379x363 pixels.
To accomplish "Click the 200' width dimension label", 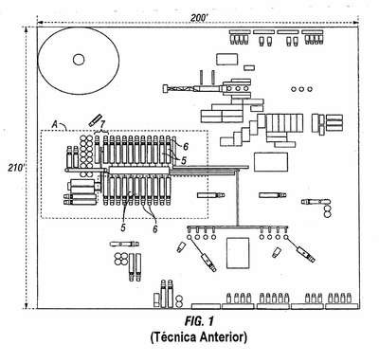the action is point(198,18).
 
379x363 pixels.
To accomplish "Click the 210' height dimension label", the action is point(15,168).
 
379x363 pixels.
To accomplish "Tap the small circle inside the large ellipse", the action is point(79,60).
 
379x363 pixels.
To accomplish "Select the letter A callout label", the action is point(55,125).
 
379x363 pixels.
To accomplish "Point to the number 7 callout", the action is point(102,123).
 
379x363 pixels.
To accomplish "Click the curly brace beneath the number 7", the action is point(101,131).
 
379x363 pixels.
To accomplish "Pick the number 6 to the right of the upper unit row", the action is point(186,146).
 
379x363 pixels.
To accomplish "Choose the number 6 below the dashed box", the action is point(154,228).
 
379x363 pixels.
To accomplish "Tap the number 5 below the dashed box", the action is point(123,227).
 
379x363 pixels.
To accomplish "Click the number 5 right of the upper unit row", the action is point(184,160).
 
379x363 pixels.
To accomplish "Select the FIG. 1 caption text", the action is point(199,321).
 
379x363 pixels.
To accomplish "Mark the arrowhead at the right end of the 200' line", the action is point(356,23).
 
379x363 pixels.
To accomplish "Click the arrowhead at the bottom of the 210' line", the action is point(27,305).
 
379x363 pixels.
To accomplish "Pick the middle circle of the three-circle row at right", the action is point(301,89).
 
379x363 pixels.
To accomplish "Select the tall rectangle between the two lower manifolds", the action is point(238,253).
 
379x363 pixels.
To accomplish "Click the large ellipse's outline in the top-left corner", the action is point(38,61).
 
